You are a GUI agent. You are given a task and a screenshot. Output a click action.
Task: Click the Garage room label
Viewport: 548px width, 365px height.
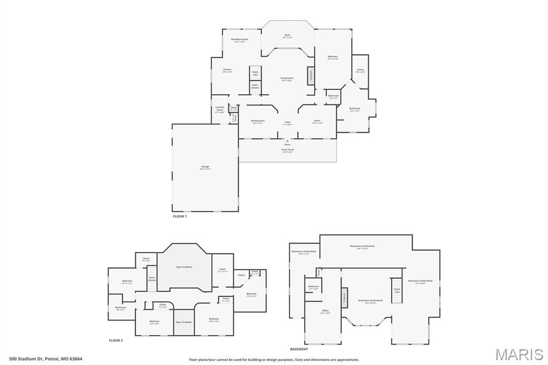205,167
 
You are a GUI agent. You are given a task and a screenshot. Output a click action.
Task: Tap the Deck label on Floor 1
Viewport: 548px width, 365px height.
287,36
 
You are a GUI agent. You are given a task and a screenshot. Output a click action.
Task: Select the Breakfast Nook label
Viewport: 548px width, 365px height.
239,40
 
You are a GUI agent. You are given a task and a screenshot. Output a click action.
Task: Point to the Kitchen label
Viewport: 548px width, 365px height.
227,70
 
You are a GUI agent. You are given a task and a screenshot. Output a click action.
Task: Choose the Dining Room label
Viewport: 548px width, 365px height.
258,121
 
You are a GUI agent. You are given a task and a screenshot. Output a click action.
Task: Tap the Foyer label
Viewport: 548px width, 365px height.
287,123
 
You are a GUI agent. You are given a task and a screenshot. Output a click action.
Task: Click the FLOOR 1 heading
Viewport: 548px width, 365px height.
180,216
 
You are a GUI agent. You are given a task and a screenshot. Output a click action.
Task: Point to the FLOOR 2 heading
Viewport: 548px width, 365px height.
116,340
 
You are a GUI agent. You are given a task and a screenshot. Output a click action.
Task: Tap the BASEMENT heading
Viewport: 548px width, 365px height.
299,349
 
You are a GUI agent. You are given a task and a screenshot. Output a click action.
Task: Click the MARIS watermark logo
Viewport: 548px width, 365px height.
519,354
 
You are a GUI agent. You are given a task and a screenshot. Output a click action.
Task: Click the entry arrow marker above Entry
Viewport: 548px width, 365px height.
287,141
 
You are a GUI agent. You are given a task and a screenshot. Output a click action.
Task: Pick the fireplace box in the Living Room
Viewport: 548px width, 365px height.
310,75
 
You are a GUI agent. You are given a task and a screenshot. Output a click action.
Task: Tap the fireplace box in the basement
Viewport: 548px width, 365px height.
344,297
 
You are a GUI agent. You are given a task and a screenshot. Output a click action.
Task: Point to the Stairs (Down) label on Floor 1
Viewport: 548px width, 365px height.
255,86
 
